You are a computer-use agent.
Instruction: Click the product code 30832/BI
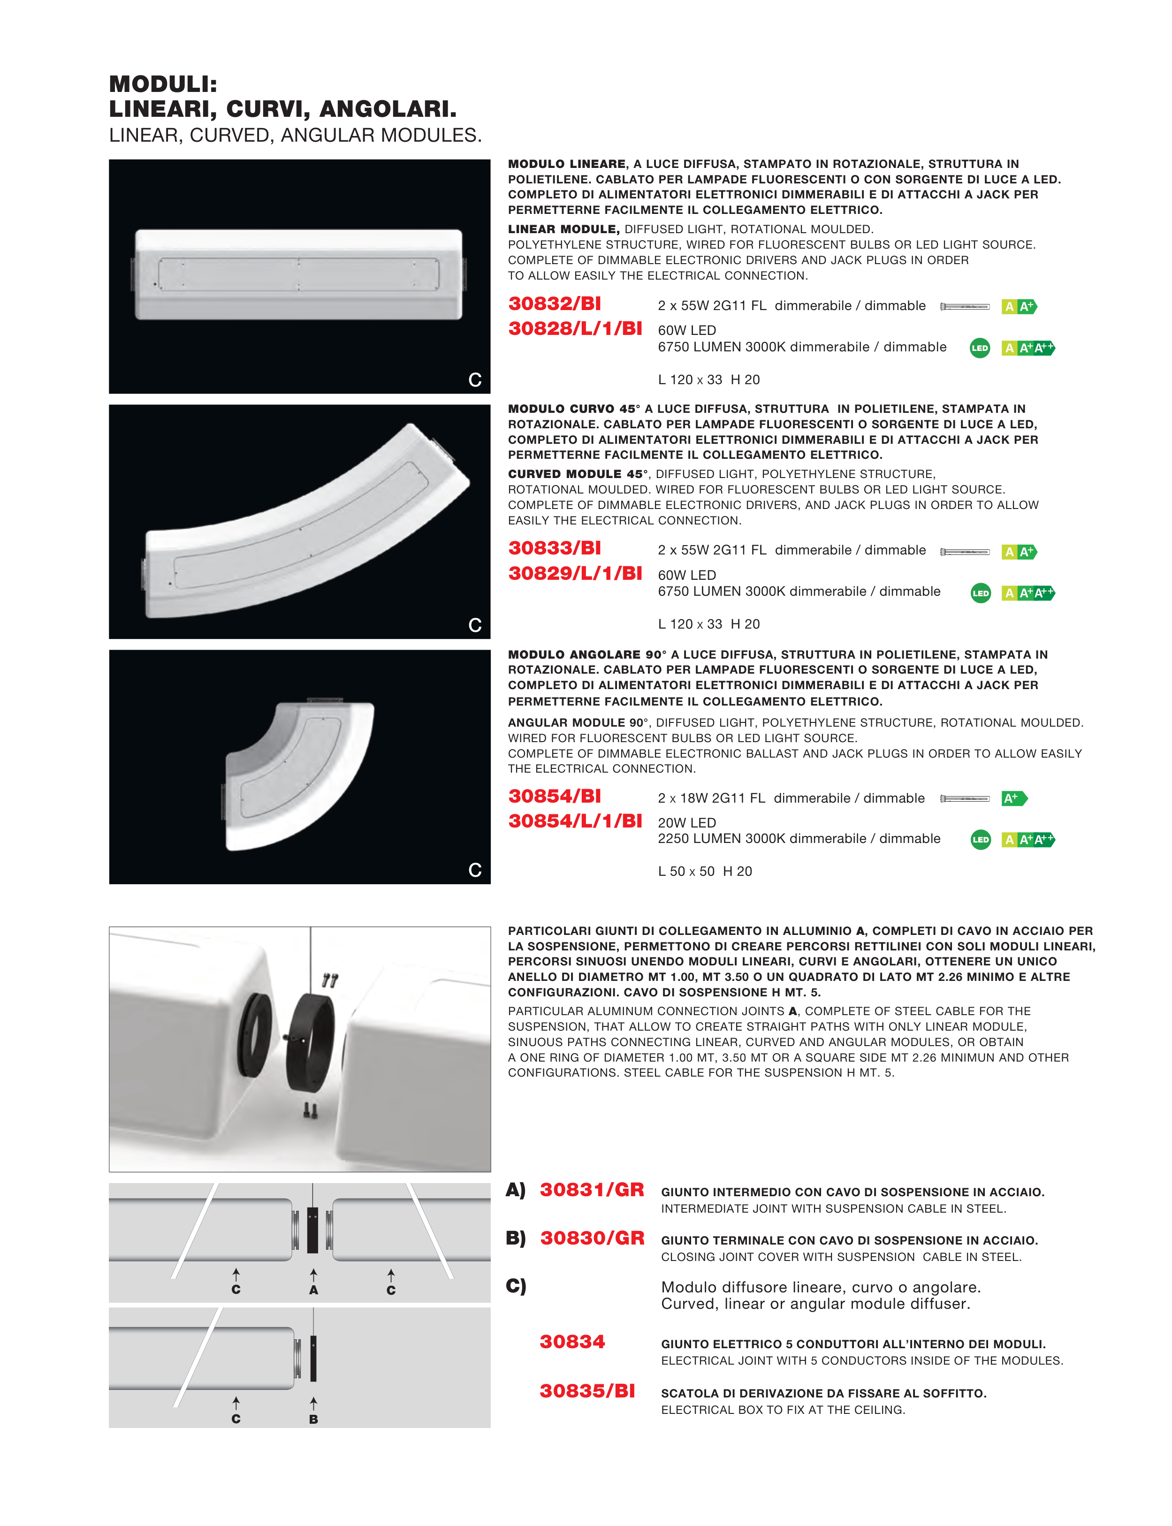(x=555, y=304)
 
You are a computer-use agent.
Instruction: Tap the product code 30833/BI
(x=555, y=548)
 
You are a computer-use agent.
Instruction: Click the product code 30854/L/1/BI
(x=575, y=821)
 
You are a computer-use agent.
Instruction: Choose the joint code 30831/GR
(x=592, y=1190)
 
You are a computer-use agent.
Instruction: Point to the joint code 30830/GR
(x=592, y=1238)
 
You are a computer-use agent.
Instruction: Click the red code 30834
(x=572, y=1342)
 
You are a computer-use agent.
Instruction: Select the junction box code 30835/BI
(x=587, y=1391)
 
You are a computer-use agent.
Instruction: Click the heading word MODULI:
(x=163, y=84)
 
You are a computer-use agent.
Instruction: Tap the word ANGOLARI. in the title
(x=388, y=109)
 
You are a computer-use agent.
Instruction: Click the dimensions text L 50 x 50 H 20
(x=705, y=871)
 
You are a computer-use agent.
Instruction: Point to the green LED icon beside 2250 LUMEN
(x=980, y=840)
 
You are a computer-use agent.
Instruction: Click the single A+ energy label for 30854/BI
(x=1013, y=798)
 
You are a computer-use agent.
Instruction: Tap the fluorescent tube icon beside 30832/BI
(x=965, y=307)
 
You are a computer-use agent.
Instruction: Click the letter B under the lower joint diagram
(x=313, y=1420)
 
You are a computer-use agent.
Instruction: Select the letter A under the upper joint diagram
(x=313, y=1290)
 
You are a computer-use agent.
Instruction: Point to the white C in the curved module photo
(x=475, y=625)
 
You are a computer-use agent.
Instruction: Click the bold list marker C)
(x=516, y=1285)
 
